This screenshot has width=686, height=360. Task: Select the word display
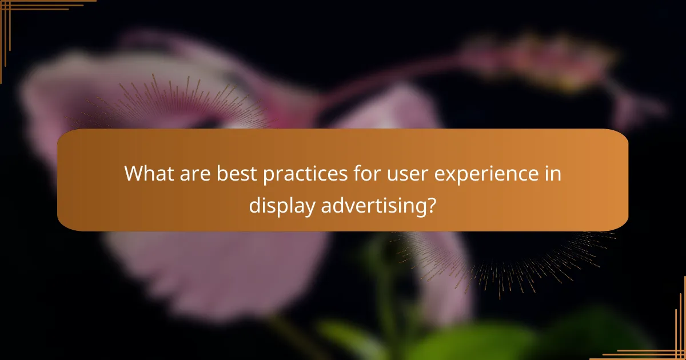click(281, 205)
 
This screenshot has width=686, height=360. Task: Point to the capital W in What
click(135, 173)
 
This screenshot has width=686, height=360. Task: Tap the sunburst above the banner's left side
click(171, 106)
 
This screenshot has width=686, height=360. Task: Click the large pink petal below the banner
click(217, 274)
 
